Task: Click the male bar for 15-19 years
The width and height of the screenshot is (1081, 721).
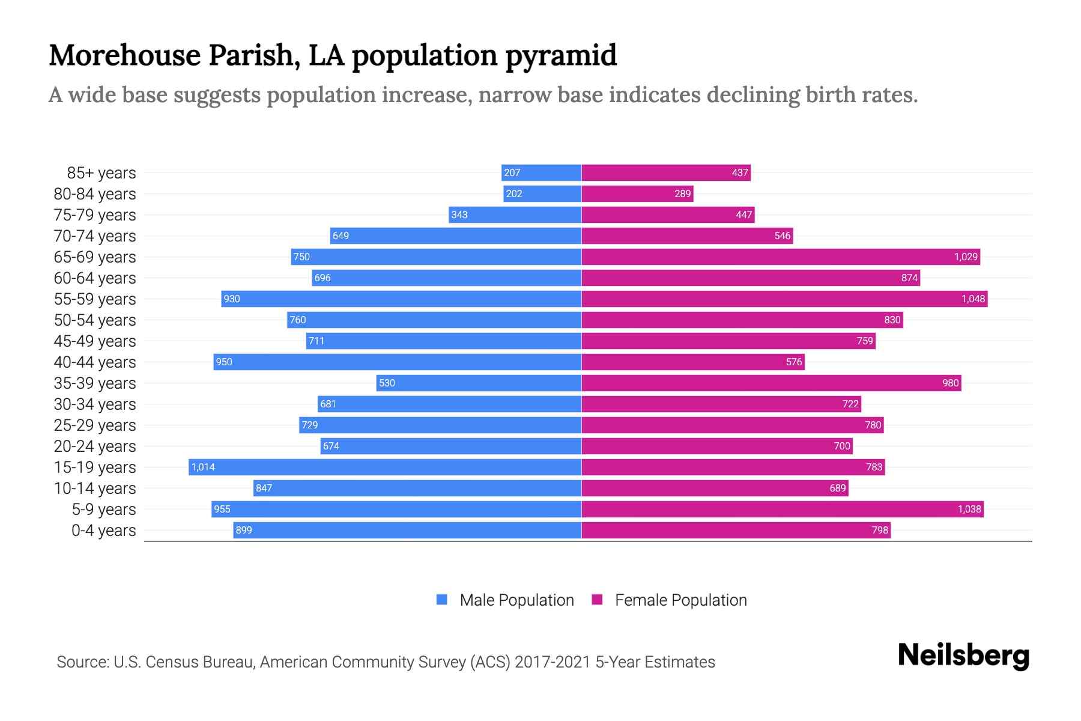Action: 384,467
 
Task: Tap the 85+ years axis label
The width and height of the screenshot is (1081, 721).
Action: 101,173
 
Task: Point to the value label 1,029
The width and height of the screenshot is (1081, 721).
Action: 966,257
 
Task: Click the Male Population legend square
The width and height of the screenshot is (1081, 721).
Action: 442,600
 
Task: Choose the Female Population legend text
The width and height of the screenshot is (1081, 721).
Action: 680,600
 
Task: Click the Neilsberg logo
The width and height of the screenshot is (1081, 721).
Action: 963,656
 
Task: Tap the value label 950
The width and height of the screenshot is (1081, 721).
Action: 224,362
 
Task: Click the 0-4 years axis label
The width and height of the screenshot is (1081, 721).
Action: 103,531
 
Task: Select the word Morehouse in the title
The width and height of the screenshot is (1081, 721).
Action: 124,55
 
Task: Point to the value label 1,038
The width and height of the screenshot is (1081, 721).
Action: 969,509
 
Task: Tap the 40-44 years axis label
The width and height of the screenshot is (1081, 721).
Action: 95,362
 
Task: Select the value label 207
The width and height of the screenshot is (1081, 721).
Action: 512,172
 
